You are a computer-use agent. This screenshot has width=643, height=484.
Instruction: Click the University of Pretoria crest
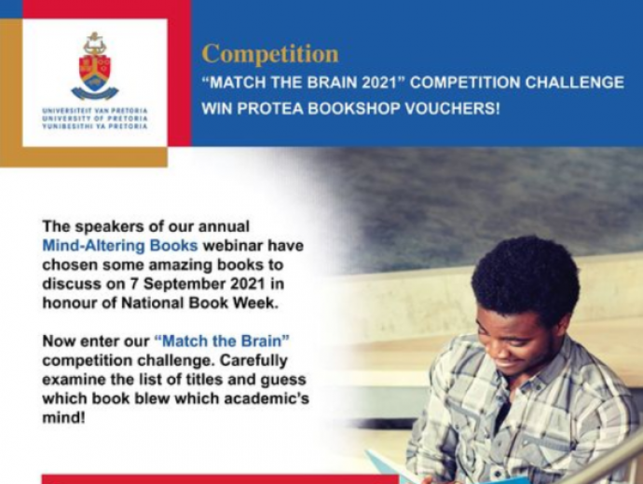95,66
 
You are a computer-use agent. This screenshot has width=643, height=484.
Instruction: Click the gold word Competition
270,54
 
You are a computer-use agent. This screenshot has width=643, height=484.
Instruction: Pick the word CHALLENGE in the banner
575,82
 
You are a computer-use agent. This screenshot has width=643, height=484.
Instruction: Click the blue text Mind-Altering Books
120,246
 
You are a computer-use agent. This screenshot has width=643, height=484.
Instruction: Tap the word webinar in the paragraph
233,246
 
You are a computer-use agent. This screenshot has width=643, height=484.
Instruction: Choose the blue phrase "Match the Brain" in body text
223,341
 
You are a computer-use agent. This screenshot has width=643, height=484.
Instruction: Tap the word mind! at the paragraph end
64,418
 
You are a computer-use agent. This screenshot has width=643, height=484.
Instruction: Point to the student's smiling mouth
508,366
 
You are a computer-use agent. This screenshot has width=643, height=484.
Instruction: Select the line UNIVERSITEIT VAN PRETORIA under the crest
95,111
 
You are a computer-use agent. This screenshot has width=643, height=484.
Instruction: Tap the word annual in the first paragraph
224,226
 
